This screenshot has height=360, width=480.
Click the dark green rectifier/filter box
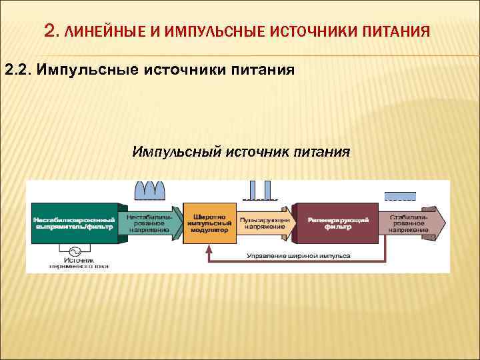pyautogui.click(x=73, y=223)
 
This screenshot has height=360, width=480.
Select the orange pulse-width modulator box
pyautogui.click(x=209, y=223)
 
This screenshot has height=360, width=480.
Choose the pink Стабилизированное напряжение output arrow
pyautogui.click(x=411, y=223)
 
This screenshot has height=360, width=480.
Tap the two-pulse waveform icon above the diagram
pyautogui.click(x=260, y=191)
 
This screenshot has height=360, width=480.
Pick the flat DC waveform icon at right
pyautogui.click(x=400, y=196)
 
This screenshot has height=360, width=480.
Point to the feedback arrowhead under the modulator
pyautogui.click(x=209, y=249)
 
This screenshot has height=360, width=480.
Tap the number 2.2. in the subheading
pyautogui.click(x=19, y=70)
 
